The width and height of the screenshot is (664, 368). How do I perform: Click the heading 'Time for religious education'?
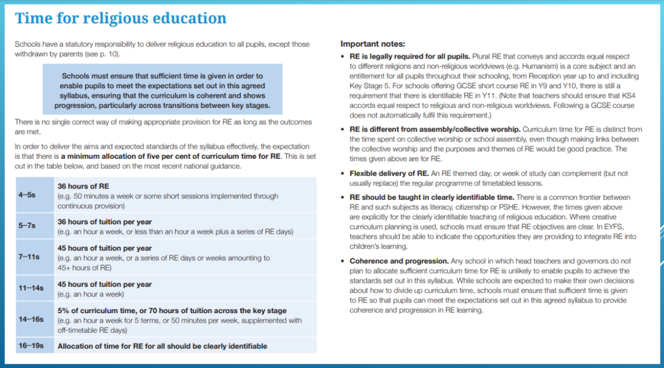(x=120, y=18)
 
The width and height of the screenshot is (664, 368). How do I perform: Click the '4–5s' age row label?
(x=27, y=196)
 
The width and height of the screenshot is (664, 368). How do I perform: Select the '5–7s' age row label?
(x=27, y=226)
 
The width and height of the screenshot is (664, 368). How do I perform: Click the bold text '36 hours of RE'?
(x=83, y=186)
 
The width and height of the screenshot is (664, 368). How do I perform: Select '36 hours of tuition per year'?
(x=105, y=222)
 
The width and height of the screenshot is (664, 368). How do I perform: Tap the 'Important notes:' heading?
(x=373, y=44)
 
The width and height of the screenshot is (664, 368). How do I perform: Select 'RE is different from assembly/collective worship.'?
(x=435, y=130)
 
